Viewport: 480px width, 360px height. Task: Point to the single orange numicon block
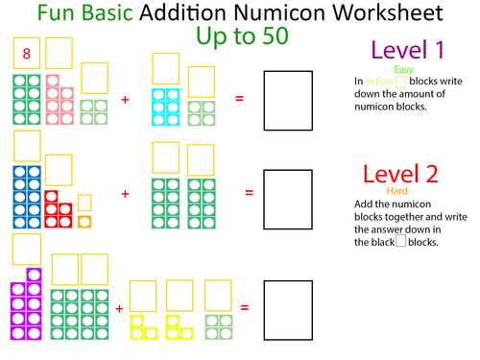click(x=84, y=223)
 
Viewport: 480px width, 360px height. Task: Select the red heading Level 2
click(x=400, y=174)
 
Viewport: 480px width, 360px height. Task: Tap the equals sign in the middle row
click(x=249, y=193)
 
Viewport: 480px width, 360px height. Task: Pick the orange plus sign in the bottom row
click(x=119, y=308)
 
